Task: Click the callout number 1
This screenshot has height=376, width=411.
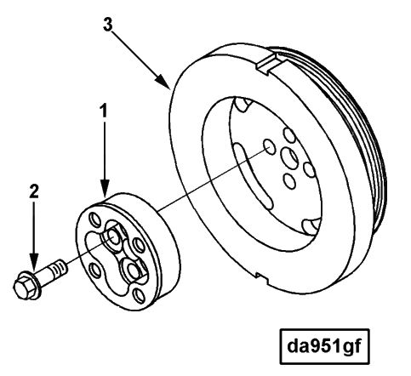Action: pyautogui.click(x=104, y=111)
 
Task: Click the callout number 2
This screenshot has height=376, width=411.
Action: pyautogui.click(x=34, y=192)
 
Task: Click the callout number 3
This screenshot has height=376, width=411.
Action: pyautogui.click(x=108, y=25)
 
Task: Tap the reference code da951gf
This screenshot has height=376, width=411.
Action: pyautogui.click(x=324, y=346)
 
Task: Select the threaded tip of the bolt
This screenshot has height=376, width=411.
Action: pyautogui.click(x=59, y=267)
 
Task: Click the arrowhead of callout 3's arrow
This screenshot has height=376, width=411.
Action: pyautogui.click(x=163, y=82)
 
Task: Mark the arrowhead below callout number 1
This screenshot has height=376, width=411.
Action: pyautogui.click(x=105, y=189)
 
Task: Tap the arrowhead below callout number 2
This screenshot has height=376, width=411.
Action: pyautogui.click(x=34, y=262)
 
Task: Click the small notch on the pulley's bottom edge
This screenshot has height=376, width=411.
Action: pyautogui.click(x=262, y=277)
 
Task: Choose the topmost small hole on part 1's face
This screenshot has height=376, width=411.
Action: pyautogui.click(x=94, y=219)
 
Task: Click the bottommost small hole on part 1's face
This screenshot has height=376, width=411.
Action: pyautogui.click(x=139, y=296)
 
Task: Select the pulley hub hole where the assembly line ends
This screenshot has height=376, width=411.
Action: pyautogui.click(x=269, y=146)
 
